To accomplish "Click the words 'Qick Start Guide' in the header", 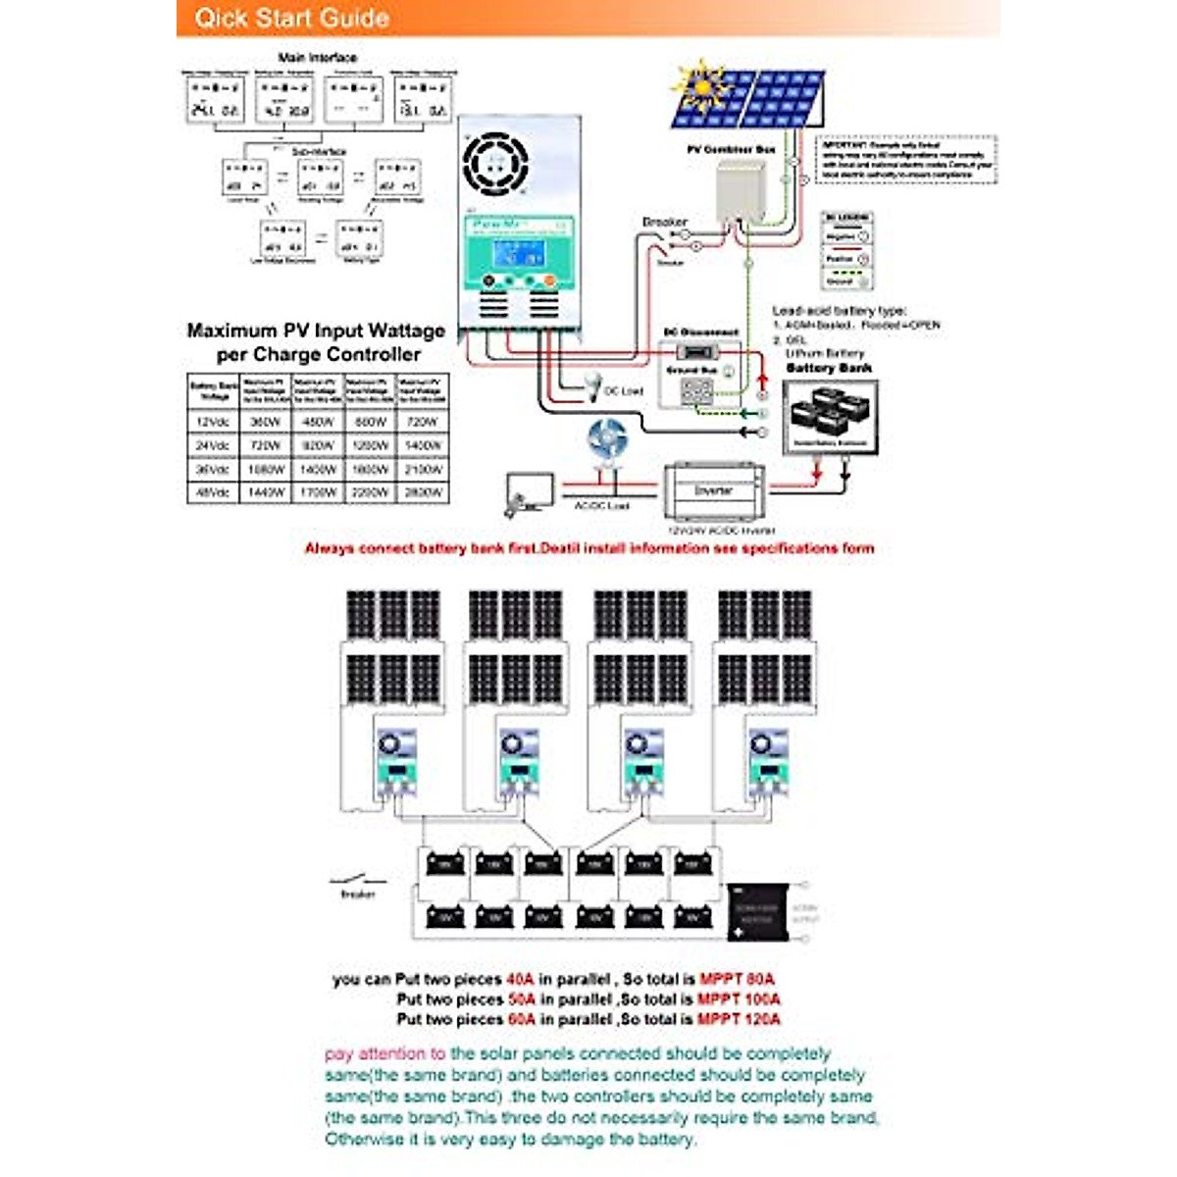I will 291,18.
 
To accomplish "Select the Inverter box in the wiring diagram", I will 714,490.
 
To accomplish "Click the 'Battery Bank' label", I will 829,368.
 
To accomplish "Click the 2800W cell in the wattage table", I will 423,493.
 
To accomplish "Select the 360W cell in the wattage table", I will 266,422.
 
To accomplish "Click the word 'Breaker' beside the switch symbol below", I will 357,895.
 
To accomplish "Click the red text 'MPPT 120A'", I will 739,1019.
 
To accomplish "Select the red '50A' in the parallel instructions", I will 521,999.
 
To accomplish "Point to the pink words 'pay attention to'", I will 384,1053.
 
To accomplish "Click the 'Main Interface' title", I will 318,58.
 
